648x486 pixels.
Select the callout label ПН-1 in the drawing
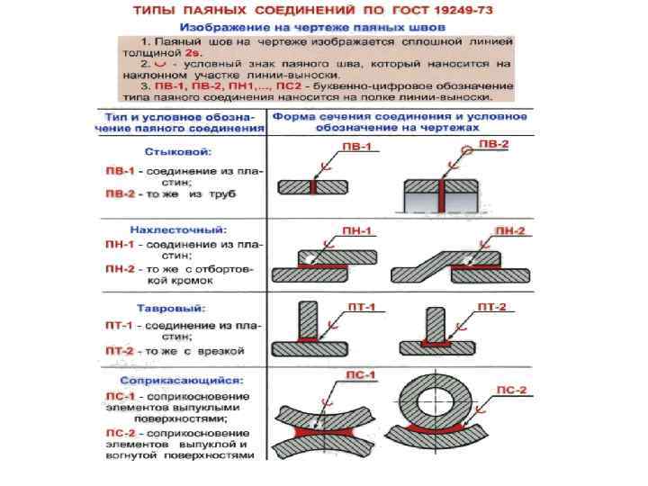[x=360, y=231]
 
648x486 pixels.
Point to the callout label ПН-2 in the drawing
[x=513, y=231]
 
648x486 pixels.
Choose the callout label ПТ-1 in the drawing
[x=361, y=307]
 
